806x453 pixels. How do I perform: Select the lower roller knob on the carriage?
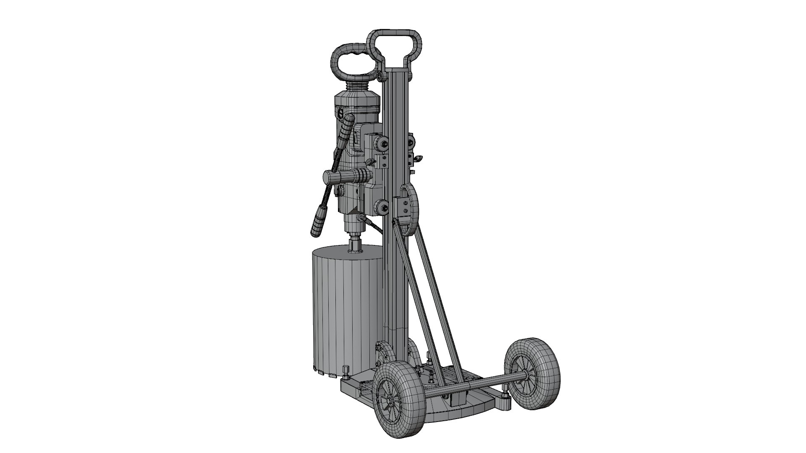click(383, 206)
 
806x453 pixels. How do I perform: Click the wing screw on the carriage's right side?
click(418, 159)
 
